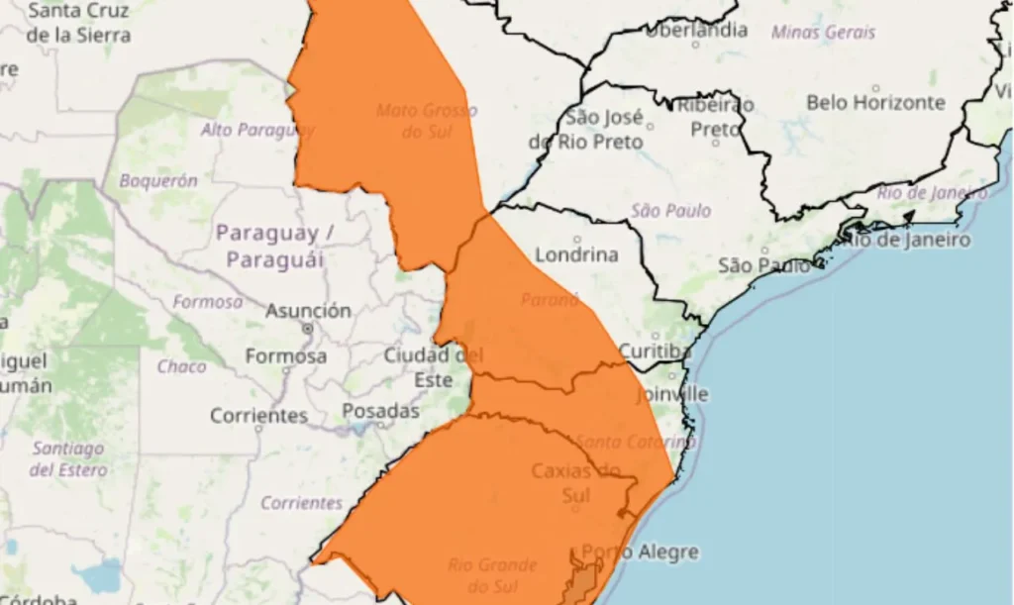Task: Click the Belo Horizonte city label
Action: (875, 103)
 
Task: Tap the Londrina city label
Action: (576, 254)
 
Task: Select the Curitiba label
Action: (656, 352)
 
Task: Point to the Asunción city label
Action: (308, 311)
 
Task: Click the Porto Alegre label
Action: (640, 552)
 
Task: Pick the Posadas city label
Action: (381, 410)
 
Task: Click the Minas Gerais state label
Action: (823, 32)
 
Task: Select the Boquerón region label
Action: (158, 181)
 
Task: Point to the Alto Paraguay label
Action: (257, 130)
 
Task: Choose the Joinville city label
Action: (672, 394)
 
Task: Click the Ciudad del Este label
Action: (433, 366)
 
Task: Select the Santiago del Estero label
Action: (68, 459)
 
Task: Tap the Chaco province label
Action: (182, 366)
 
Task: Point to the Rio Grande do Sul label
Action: (492, 574)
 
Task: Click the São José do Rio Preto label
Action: (591, 130)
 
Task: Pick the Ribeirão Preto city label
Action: (715, 117)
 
